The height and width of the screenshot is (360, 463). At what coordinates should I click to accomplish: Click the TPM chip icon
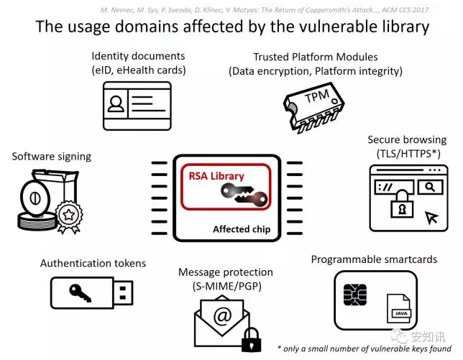tap(313, 107)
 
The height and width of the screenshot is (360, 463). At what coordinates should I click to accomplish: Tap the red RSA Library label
tap(216, 176)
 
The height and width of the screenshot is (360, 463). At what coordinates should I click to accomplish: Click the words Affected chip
tap(242, 229)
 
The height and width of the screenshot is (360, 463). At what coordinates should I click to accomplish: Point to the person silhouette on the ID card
tap(116, 104)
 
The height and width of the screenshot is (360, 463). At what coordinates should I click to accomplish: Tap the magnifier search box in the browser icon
tap(430, 187)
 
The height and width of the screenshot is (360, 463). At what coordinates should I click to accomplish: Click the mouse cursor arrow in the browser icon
tap(431, 218)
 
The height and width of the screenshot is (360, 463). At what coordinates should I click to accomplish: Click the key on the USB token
tap(80, 293)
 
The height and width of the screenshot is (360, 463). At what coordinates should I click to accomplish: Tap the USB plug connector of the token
tap(123, 293)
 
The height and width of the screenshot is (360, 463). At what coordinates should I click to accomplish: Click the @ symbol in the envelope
tap(222, 316)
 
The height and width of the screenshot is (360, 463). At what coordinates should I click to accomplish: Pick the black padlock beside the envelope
tap(252, 339)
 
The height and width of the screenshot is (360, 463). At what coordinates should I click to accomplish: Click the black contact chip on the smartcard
tap(355, 295)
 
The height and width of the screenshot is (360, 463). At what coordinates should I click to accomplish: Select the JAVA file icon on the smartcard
tap(398, 309)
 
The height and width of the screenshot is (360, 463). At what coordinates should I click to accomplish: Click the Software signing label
tap(51, 157)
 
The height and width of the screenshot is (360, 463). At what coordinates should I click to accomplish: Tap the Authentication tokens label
tap(93, 263)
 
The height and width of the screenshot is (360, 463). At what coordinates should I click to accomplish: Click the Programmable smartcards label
tap(374, 259)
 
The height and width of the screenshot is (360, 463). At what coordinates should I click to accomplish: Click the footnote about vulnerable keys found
tap(365, 349)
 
